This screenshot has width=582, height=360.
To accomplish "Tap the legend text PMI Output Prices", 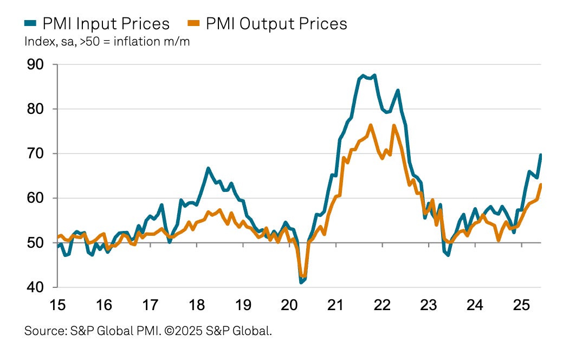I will pos(277,24).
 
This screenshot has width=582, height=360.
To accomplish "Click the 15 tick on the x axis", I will pos(57,305).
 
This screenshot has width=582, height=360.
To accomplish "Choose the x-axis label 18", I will pos(197,305).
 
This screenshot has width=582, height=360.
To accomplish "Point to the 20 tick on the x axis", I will pos(289,305).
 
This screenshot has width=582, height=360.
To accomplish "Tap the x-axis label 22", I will pos(383,305).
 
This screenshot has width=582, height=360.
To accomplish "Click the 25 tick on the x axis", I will pos(521,305).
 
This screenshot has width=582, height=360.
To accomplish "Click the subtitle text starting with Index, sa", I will pos(107,42).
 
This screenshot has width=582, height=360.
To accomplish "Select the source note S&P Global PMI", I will pos(148,330).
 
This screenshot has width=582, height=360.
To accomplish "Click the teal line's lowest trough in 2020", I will pos(301,282).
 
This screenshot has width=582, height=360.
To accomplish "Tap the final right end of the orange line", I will pos(541,185).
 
